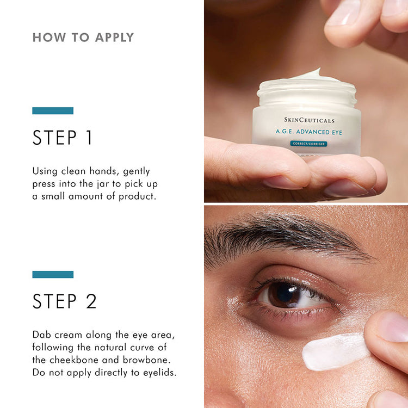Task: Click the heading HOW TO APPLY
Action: [83, 38]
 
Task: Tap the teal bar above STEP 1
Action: [53, 111]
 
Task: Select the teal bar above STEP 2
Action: [53, 274]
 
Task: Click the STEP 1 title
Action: [63, 138]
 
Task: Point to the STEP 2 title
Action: [64, 301]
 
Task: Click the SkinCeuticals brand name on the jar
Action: [309, 120]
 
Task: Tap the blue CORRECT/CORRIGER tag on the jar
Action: [308, 144]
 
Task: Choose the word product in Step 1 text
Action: [138, 196]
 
